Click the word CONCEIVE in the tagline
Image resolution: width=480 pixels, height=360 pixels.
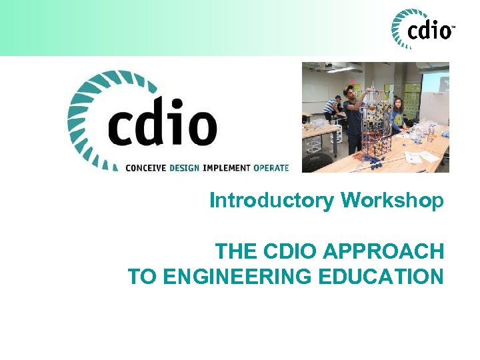point(146,167)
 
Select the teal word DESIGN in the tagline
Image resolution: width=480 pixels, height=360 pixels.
point(184,167)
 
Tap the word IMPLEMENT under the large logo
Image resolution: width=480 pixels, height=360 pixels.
point(227,167)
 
